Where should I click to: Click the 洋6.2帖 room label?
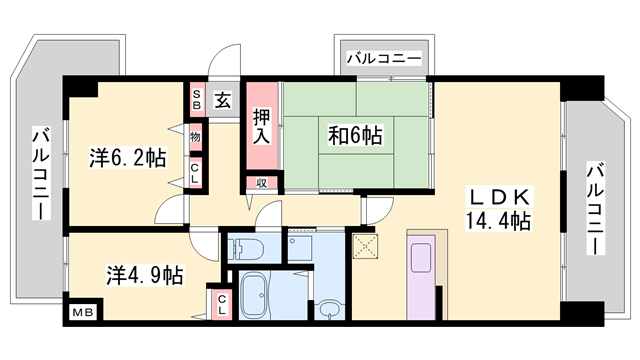point(127,157)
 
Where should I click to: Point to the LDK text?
point(495,197)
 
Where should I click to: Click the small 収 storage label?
point(261,182)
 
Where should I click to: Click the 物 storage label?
point(196,136)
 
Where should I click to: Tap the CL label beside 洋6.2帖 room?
point(196,172)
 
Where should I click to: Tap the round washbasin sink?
point(328,308)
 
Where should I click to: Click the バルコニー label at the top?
point(384,58)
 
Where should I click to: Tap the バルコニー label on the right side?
point(594,210)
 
